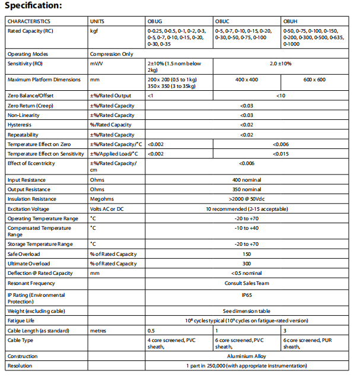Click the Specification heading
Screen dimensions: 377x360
33,5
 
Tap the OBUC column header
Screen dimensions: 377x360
223,21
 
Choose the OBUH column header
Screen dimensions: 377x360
291,21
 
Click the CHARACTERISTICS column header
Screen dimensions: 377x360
29,21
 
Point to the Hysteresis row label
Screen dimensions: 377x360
20,125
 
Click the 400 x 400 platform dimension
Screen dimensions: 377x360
247,80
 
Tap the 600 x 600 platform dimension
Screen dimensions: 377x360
314,80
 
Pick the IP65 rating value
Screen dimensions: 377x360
247,294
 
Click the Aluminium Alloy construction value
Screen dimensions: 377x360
247,356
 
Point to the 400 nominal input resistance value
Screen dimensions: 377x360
247,180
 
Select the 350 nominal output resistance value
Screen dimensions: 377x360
247,189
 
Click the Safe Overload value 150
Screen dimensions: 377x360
247,254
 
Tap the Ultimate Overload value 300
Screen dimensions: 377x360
247,264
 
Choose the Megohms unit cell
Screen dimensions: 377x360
101,199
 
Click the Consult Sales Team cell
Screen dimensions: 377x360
247,283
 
